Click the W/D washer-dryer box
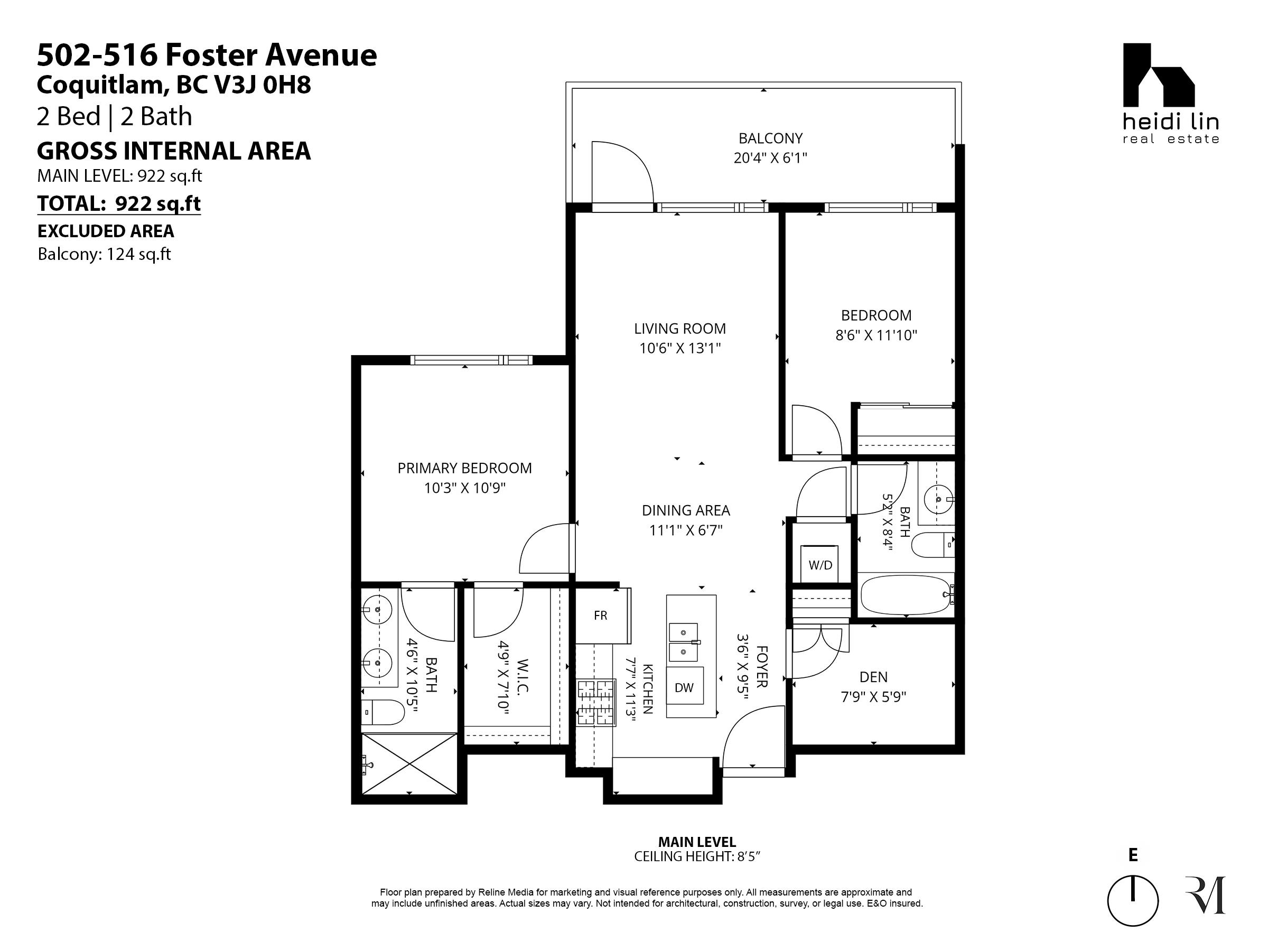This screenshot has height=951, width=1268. [x=820, y=565]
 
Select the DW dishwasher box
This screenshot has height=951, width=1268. [x=684, y=687]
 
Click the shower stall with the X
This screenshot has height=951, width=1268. [x=409, y=763]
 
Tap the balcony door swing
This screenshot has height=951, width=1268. [x=622, y=172]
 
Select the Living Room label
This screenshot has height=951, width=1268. [x=680, y=329]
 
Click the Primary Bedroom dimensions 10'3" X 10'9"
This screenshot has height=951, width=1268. [x=465, y=488]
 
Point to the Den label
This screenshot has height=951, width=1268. [x=874, y=677]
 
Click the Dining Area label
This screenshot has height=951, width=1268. [x=686, y=510]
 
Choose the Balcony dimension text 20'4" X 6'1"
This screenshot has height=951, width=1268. [x=770, y=157]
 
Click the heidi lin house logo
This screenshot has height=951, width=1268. [x=1159, y=75]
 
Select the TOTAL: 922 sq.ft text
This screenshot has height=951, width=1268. [x=119, y=203]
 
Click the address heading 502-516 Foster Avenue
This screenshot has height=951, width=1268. [x=207, y=55]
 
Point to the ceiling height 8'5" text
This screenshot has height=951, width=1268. [x=697, y=856]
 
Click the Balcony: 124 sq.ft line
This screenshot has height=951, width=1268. [x=104, y=254]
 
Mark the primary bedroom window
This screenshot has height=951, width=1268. [x=471, y=360]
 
